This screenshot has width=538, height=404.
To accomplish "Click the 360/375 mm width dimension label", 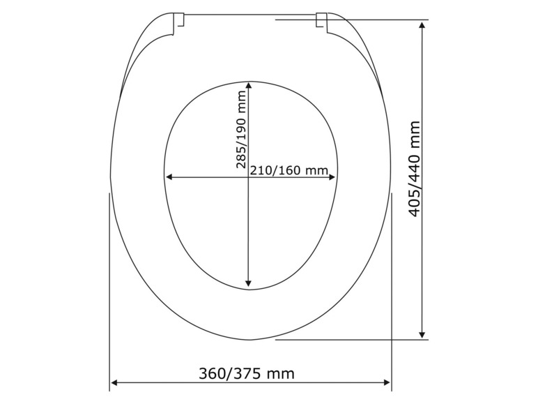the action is pos(247,373).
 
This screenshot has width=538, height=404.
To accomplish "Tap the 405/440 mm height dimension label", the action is pos(415,169).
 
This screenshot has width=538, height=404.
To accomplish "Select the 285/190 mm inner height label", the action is pos(241,130).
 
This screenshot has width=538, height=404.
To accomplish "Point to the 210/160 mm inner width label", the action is pos(289,170).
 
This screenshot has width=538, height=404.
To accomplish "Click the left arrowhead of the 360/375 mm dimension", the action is pos(114,382).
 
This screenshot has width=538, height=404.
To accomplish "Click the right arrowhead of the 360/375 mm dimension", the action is pos(387,382).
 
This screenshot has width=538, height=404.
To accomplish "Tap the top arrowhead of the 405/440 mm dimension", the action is pos(422,24).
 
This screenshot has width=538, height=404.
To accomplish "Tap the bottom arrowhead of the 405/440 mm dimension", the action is pos(422,336).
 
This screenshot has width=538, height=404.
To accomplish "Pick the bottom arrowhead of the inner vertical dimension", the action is pos(248,283).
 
